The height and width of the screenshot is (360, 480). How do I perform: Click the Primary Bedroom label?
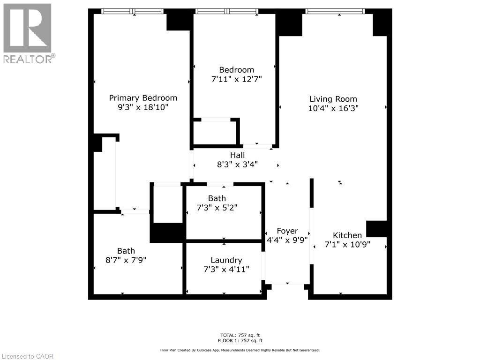coord(143,98)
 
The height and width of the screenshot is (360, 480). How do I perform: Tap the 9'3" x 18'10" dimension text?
coord(143,107)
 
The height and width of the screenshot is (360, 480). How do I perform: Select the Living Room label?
coord(333,99)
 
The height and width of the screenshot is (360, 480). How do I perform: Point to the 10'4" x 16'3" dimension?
coord(333,108)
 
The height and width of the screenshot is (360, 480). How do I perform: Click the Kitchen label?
coord(347,235)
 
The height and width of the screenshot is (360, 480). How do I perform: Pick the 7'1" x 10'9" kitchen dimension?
coord(347,244)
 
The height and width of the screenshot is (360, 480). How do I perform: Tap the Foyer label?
coord(287,231)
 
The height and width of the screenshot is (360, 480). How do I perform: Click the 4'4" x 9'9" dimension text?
coord(287,240)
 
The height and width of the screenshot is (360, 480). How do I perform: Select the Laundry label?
coord(226,260)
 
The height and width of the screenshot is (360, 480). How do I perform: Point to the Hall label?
coord(237,155)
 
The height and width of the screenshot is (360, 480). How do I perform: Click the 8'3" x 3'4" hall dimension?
coord(237,164)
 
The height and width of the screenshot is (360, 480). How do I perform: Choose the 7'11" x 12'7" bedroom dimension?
coord(236,79)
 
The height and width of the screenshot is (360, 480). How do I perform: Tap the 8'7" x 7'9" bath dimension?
coord(126,260)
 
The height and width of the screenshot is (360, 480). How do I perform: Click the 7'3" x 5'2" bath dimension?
coord(217,208)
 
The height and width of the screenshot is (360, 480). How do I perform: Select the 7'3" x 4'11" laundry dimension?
coord(226,269)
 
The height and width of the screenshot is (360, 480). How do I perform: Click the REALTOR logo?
coord(28,33)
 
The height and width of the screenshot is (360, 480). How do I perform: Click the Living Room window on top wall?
coord(334,11)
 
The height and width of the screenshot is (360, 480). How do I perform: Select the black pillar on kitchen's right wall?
coord(378,229)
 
